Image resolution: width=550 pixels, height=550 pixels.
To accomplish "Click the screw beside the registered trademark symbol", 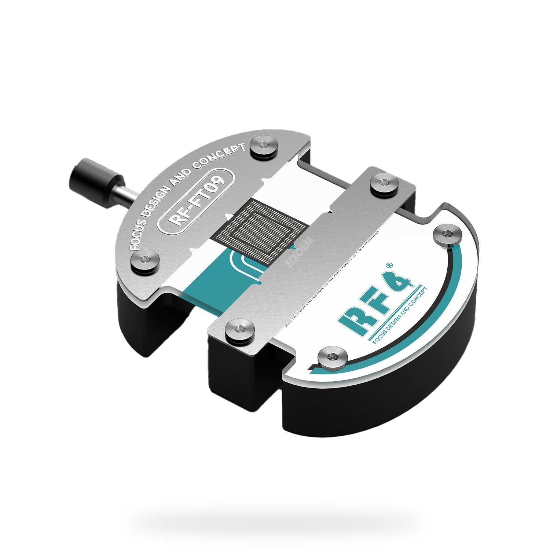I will (447, 235).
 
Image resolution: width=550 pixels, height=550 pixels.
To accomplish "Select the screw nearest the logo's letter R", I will (332, 356).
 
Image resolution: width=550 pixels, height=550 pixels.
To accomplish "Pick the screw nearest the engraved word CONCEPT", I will (263, 145).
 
